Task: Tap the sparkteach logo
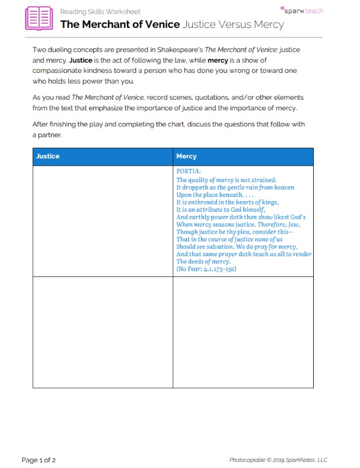301,10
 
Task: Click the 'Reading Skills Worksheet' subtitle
100,12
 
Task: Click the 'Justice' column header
48,157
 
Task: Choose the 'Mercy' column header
186,157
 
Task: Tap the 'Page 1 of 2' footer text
39,460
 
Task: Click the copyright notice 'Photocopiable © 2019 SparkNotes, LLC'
278,460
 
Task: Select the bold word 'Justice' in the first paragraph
81,61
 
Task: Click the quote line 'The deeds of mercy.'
203,262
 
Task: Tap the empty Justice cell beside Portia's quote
103,221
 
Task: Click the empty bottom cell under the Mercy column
243,332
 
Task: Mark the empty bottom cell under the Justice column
103,332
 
